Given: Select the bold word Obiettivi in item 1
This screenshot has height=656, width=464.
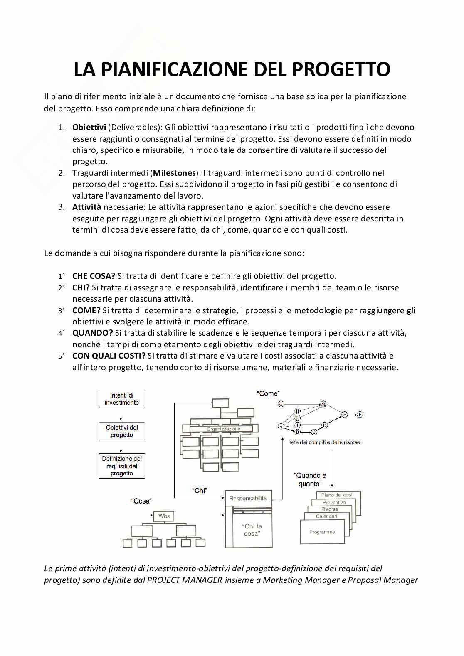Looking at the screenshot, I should click(89, 127).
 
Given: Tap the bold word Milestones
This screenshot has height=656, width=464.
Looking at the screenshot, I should click(174, 173).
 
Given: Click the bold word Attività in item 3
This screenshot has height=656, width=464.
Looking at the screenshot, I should click(86, 207).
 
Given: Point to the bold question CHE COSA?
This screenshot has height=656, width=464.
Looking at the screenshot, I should click(94, 276).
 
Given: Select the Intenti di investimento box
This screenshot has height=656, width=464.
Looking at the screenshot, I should click(122, 399).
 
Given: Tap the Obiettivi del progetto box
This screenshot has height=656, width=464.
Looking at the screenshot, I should click(122, 431).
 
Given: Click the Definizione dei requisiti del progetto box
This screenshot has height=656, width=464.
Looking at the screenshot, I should click(122, 466).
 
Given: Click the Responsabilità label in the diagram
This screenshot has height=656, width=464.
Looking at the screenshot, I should click(248, 498).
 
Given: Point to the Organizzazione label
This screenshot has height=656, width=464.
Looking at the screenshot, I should click(223, 429).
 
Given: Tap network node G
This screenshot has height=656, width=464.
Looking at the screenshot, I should click(281, 404).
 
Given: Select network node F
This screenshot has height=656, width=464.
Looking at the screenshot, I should click(360, 414).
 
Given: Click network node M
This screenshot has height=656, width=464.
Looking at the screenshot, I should click(323, 404).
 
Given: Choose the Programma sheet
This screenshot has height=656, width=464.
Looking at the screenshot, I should click(322, 532).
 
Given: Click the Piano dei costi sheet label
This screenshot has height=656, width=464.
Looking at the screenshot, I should click(337, 495).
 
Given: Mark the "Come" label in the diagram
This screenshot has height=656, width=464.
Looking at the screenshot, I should click(269, 393).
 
